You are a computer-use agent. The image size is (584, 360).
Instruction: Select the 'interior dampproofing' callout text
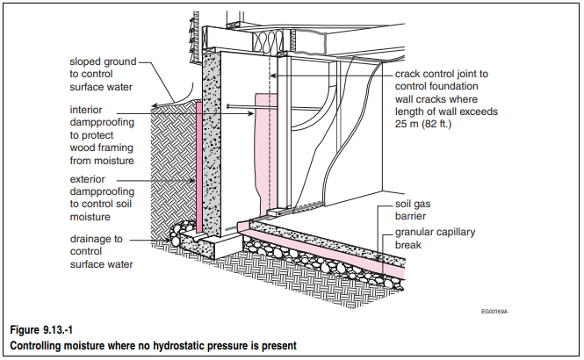[x=102, y=135]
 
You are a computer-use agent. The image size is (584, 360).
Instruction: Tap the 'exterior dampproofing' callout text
[x=102, y=198]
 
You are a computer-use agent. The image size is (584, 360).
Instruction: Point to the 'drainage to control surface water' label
[x=101, y=251]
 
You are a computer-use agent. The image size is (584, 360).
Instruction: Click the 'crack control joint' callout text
[x=446, y=98]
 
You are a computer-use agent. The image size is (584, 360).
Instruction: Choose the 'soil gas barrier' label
[x=412, y=210]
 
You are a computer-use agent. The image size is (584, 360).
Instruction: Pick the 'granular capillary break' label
[x=435, y=238]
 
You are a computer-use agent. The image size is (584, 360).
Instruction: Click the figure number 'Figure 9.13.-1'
[x=41, y=330]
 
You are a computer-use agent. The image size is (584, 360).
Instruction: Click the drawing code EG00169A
[x=494, y=311]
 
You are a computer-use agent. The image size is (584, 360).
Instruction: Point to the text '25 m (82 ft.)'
[x=423, y=124]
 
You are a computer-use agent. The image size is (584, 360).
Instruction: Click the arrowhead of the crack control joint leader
[x=272, y=76]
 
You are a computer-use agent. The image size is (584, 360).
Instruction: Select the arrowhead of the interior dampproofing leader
[x=252, y=113]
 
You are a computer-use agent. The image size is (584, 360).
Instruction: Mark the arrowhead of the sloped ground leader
[x=155, y=105]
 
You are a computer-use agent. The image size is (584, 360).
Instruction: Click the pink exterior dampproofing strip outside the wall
[x=198, y=167]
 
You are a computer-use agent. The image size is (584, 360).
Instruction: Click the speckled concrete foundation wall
[x=211, y=145]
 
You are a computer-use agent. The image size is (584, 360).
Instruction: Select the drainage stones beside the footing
[x=180, y=233]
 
